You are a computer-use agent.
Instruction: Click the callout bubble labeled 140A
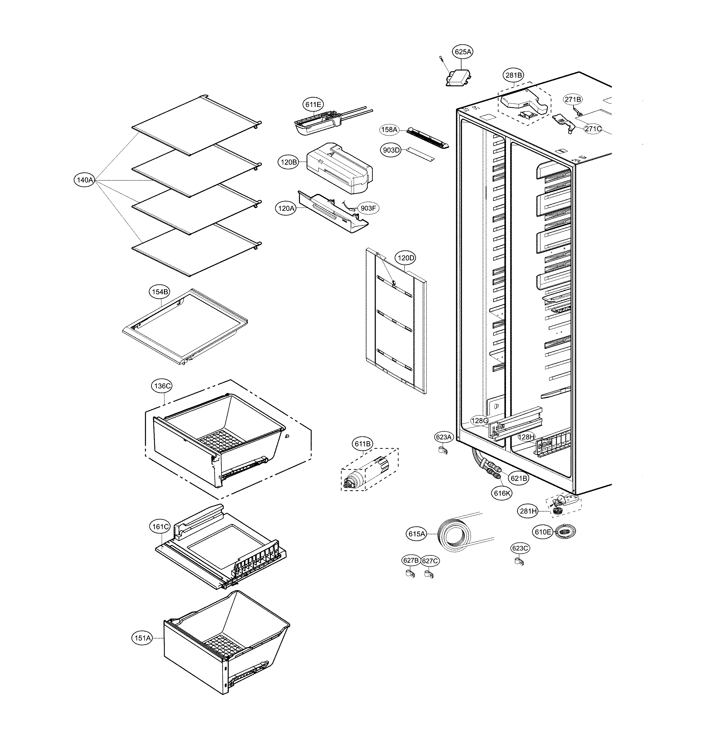pos(85,180)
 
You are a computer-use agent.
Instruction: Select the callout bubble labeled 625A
pos(463,52)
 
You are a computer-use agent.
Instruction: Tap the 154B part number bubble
pos(160,292)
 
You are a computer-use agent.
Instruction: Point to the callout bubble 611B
pos(363,444)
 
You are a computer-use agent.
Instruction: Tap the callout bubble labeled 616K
pos(502,493)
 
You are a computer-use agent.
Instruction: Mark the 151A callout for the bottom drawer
pos(143,638)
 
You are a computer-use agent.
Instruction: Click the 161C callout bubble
pos(161,526)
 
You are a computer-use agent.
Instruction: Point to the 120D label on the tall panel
pos(406,258)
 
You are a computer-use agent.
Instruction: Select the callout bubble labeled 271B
pos(573,100)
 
